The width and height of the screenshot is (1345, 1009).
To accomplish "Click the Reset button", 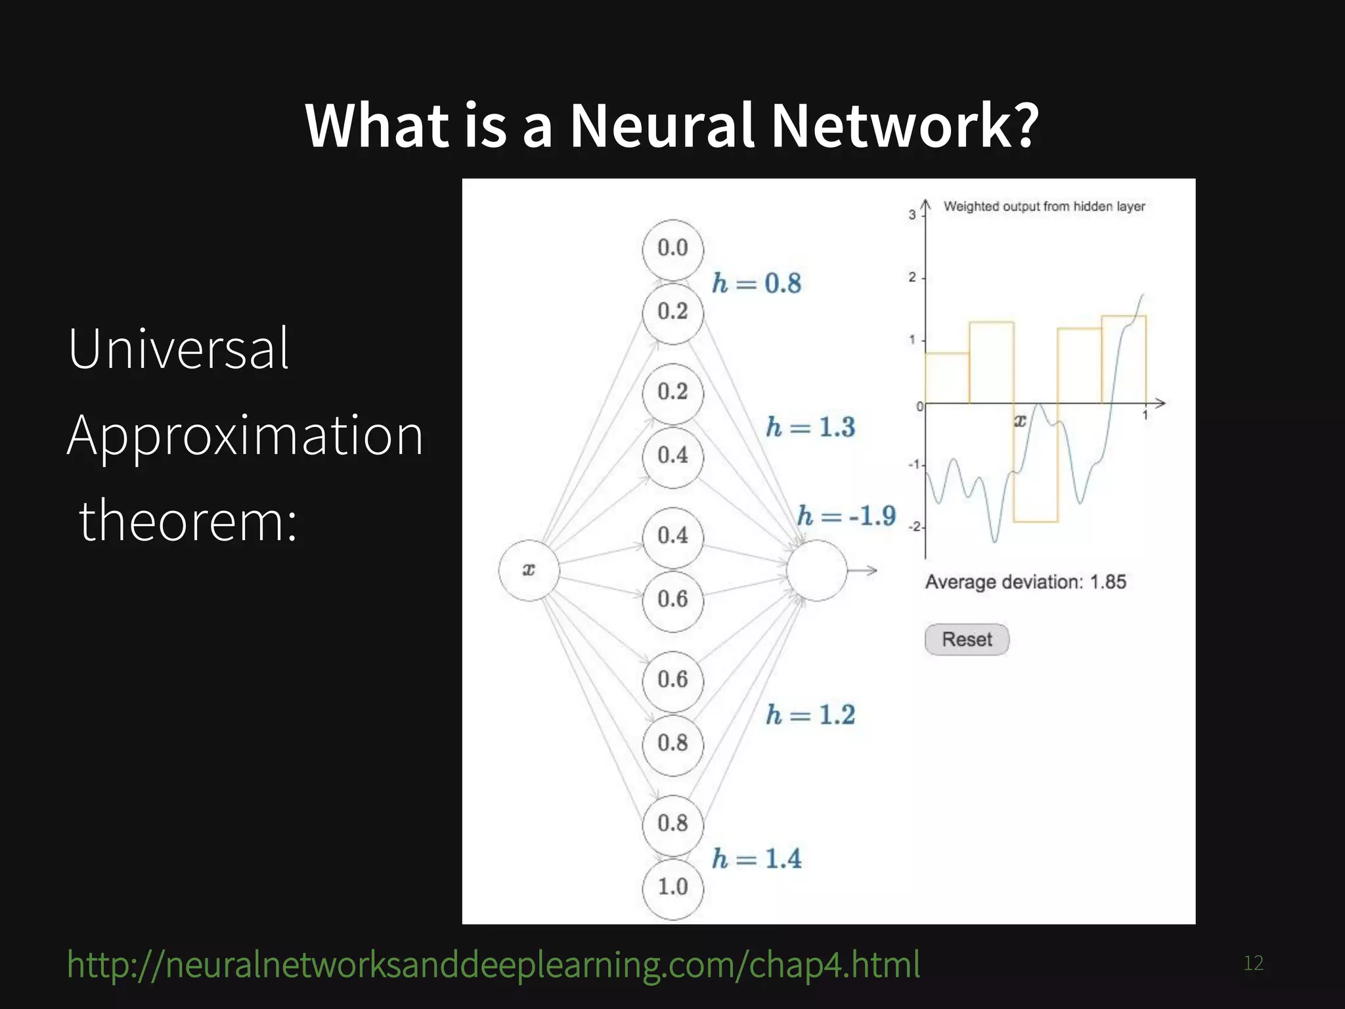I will click(x=966, y=639).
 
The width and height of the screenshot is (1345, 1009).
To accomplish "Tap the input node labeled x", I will click(x=529, y=570).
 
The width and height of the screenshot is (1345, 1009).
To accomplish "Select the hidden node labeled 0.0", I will click(x=672, y=249).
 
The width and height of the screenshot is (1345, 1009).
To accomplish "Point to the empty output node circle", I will click(x=816, y=570).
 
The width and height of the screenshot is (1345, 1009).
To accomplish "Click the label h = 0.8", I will click(x=757, y=283).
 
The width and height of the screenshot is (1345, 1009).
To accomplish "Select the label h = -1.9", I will click(x=846, y=516).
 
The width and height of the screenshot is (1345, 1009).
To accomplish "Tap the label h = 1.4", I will click(x=757, y=859).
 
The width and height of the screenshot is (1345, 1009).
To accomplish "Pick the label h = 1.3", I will click(x=810, y=427).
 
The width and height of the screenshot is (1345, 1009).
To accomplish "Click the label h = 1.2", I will click(x=810, y=715).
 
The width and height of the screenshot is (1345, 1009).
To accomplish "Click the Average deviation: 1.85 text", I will click(x=1025, y=582).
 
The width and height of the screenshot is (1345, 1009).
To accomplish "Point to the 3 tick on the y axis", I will click(x=912, y=215).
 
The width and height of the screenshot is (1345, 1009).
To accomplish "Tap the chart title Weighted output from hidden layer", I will click(x=1044, y=206).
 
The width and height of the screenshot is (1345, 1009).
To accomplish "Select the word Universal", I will click(x=178, y=349).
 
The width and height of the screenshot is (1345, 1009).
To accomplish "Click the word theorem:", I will click(x=188, y=521).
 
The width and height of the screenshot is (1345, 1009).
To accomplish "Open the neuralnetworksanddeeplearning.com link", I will click(x=493, y=964).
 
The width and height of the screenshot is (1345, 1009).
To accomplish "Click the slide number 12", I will click(x=1253, y=963).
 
